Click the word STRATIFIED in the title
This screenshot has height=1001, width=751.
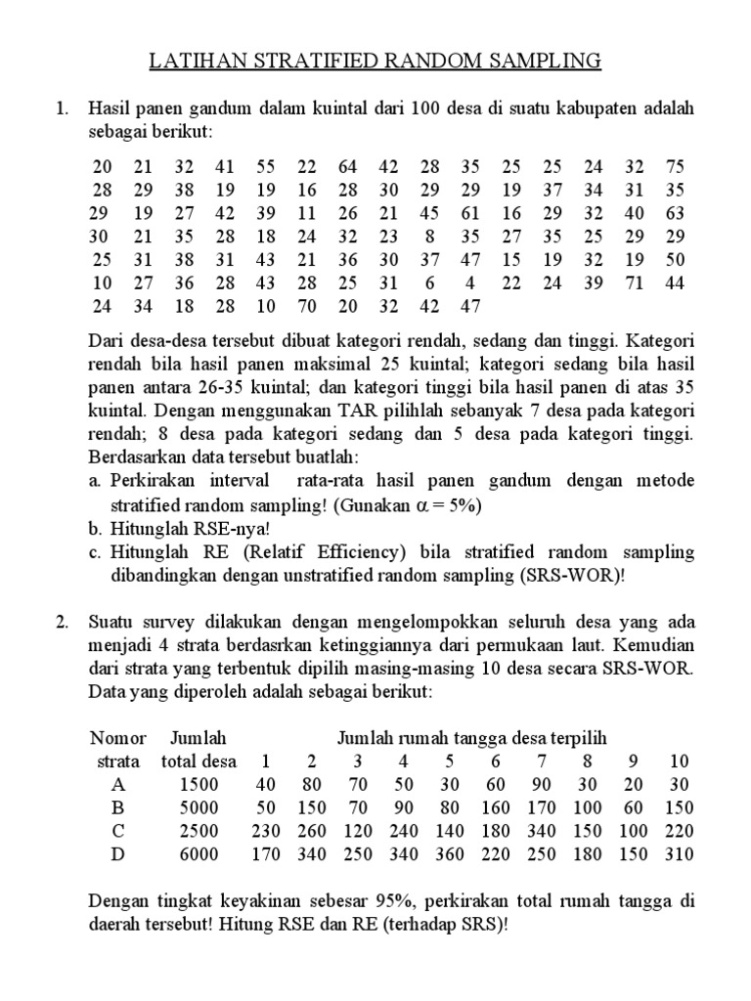[x=292, y=63]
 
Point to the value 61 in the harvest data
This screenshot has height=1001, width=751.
[x=471, y=213]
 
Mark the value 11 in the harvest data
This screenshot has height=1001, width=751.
[x=308, y=213]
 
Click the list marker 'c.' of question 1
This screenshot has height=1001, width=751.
[x=95, y=552]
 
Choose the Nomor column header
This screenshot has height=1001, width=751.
[x=117, y=737]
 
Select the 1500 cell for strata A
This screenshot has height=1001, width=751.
[x=200, y=784]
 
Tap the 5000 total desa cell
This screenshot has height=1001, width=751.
[x=200, y=807]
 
